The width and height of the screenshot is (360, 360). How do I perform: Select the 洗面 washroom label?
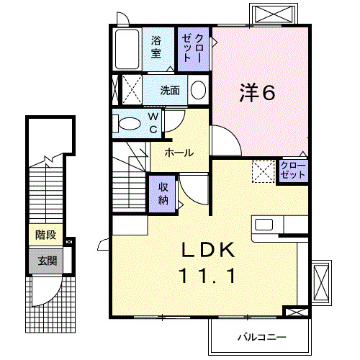click(170, 91)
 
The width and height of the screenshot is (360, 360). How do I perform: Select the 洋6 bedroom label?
click(258, 92)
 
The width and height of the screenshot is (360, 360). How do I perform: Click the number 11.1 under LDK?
click(207, 275)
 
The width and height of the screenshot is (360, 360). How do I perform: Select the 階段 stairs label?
click(45, 235)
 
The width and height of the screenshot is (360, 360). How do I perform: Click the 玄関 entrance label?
click(45, 260)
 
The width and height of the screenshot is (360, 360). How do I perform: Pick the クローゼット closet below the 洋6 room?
click(293, 171)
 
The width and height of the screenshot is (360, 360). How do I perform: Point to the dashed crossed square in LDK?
click(263, 171)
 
